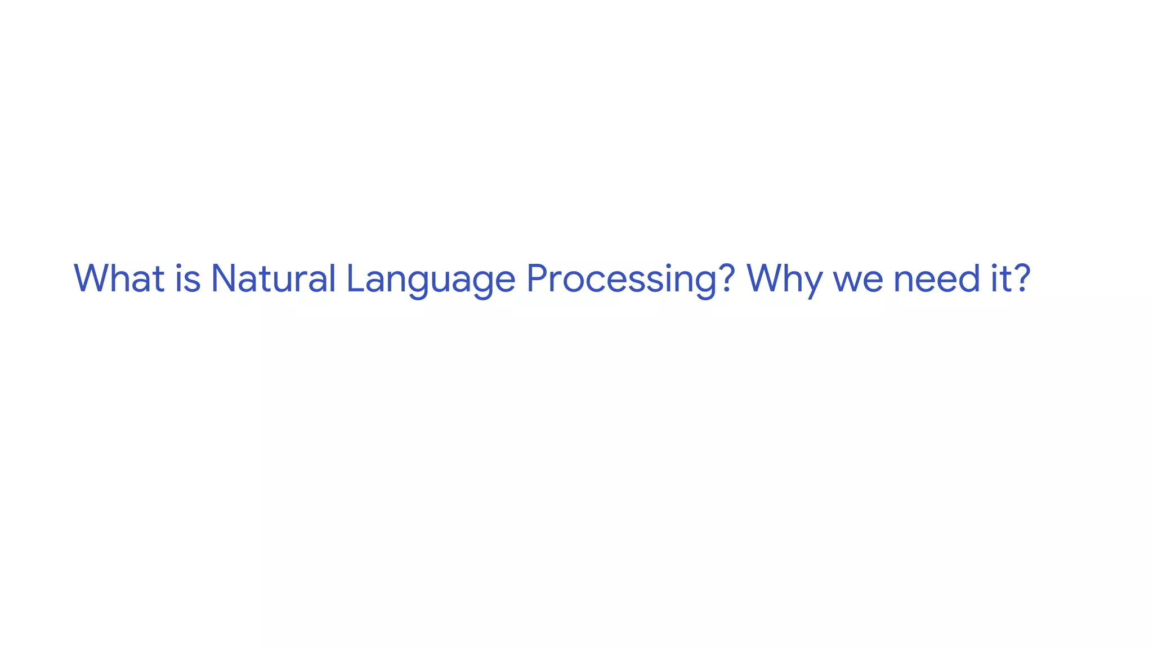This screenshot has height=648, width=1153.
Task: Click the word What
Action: pyautogui.click(x=119, y=278)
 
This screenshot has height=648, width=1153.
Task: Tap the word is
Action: pyautogui.click(x=188, y=278)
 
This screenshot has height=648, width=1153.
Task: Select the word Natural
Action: pyautogui.click(x=273, y=278)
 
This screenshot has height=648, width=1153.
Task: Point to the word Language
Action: pyautogui.click(x=431, y=280)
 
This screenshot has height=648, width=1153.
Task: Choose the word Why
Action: pyautogui.click(x=784, y=280)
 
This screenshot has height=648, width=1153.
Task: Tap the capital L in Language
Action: pyautogui.click(x=355, y=278)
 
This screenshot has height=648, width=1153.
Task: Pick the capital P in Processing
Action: pyautogui.click(x=538, y=278)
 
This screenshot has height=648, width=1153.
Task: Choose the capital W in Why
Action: pyautogui.click(x=766, y=278)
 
